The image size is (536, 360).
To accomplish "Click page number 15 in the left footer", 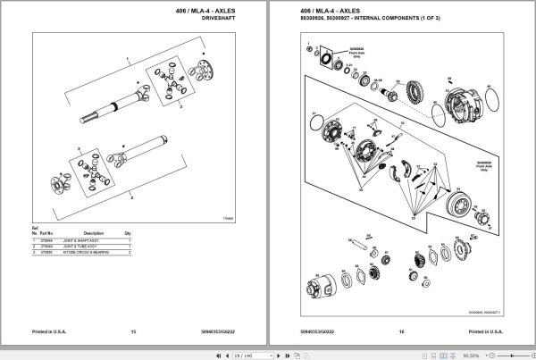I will point(133,332).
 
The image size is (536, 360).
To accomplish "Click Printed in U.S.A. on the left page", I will point(48,332).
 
